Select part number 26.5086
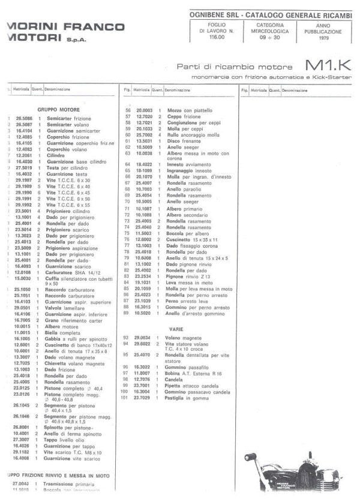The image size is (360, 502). pyautogui.click(x=24, y=119)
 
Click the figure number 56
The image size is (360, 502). pyautogui.click(x=127, y=110)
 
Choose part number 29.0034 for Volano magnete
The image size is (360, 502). pyautogui.click(x=144, y=338)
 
